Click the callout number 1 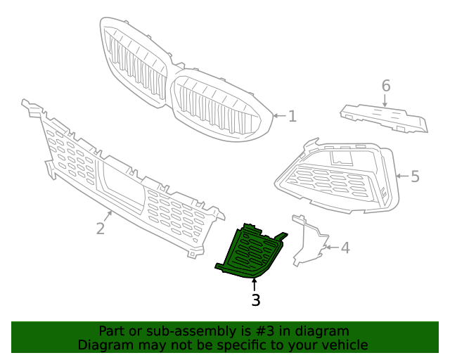(x=292, y=116)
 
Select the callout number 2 (x=101, y=228)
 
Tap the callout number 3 (x=255, y=300)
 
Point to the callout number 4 (x=345, y=247)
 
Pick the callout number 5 (x=415, y=176)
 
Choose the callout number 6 (x=385, y=86)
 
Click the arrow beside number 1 (x=279, y=116)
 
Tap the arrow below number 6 (x=385, y=101)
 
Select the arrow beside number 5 (x=401, y=176)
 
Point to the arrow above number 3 (x=255, y=284)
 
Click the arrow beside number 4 (x=330, y=247)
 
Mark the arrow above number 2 (x=108, y=215)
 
